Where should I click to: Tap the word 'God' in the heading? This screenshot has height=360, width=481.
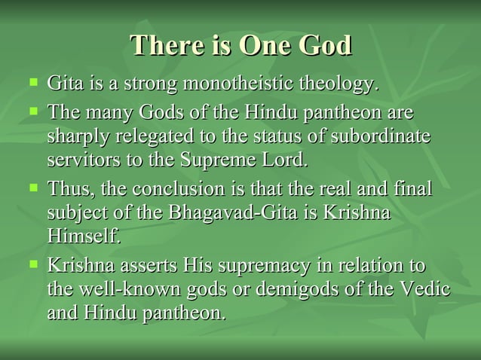[x=323, y=46]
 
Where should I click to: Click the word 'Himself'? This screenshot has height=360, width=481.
[x=83, y=236]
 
